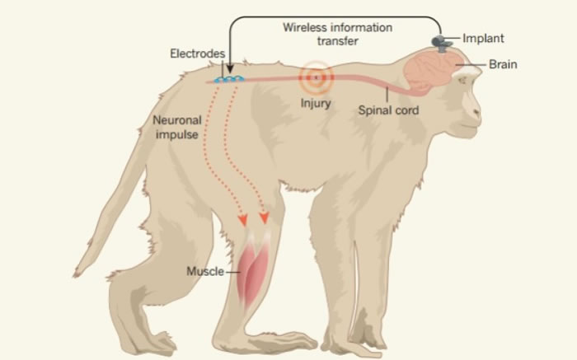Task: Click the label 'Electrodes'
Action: (x=197, y=54)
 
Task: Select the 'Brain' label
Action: (x=502, y=63)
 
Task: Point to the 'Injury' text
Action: (x=315, y=104)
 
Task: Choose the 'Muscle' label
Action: (x=205, y=270)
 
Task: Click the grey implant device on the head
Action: (x=441, y=40)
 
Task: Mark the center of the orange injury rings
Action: (x=315, y=78)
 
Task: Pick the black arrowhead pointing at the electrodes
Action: (x=230, y=70)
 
